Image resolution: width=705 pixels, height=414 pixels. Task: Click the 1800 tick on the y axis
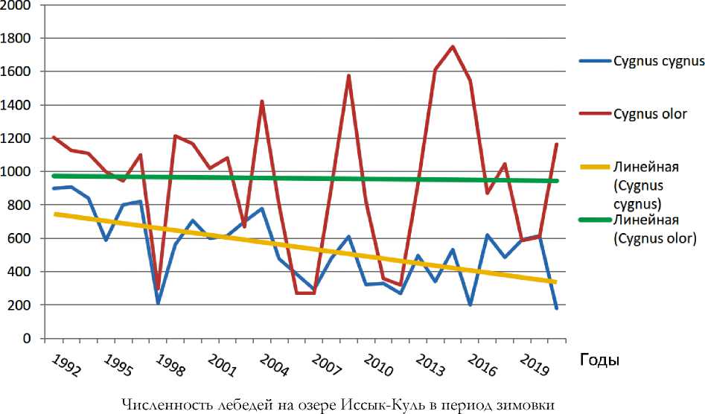pyautogui.click(x=16, y=38)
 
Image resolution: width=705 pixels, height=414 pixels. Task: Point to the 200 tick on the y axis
pyautogui.click(x=20, y=305)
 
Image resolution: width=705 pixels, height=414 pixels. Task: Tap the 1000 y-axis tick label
pyautogui.click(x=16, y=172)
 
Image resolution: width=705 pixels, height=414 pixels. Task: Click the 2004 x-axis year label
pyautogui.click(x=274, y=365)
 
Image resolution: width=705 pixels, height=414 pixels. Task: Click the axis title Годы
pyautogui.click(x=599, y=360)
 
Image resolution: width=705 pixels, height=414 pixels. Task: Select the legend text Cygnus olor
pyautogui.click(x=650, y=114)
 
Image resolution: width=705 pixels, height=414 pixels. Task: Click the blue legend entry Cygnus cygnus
pyautogui.click(x=659, y=61)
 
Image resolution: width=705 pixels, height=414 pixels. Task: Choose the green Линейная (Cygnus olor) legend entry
pyautogui.click(x=654, y=229)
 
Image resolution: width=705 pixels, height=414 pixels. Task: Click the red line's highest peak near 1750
pyautogui.click(x=453, y=46)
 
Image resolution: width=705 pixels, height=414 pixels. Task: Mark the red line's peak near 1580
pyautogui.click(x=348, y=75)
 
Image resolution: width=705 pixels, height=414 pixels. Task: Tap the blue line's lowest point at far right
pyautogui.click(x=556, y=308)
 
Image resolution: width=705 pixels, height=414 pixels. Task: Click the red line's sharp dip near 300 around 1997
pyautogui.click(x=158, y=289)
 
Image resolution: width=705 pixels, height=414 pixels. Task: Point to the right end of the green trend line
pyautogui.click(x=557, y=181)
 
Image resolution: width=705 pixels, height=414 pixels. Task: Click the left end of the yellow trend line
pyautogui.click(x=54, y=214)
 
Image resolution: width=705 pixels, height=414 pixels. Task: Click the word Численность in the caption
pyautogui.click(x=157, y=404)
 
